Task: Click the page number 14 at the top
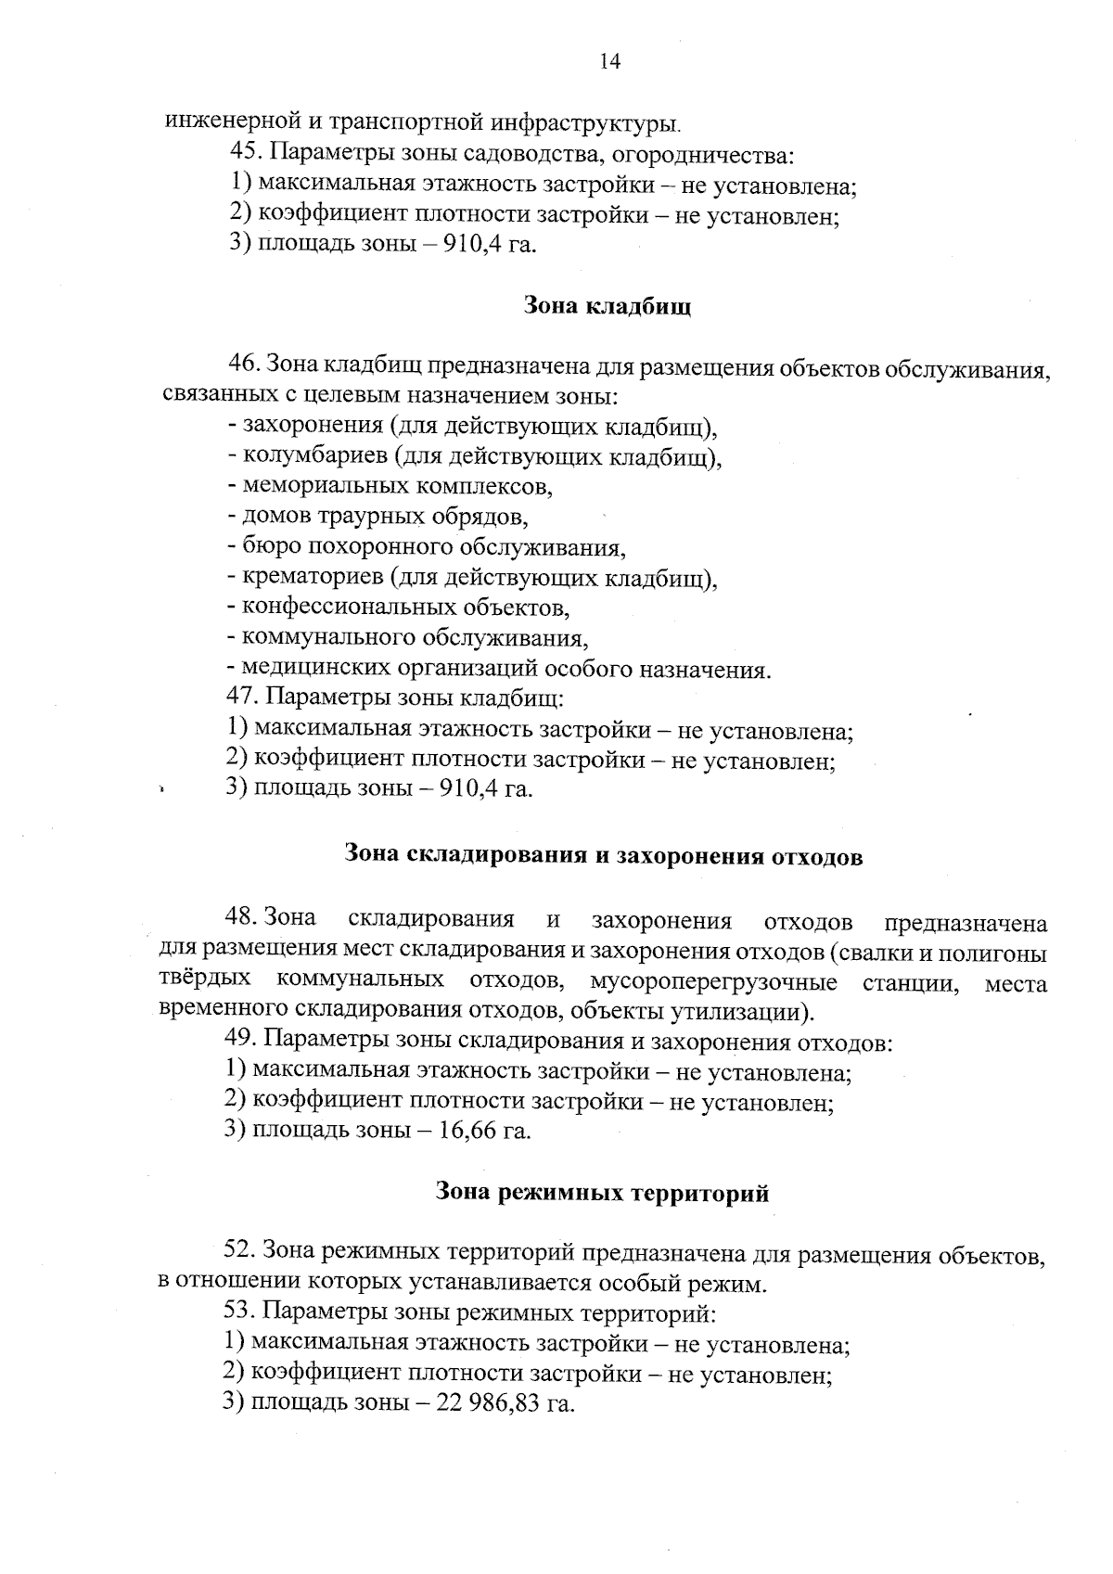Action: tap(609, 62)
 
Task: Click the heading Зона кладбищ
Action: tap(608, 305)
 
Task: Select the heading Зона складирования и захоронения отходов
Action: tap(603, 856)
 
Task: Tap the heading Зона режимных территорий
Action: tap(602, 1193)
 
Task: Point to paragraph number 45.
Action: tap(245, 154)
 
